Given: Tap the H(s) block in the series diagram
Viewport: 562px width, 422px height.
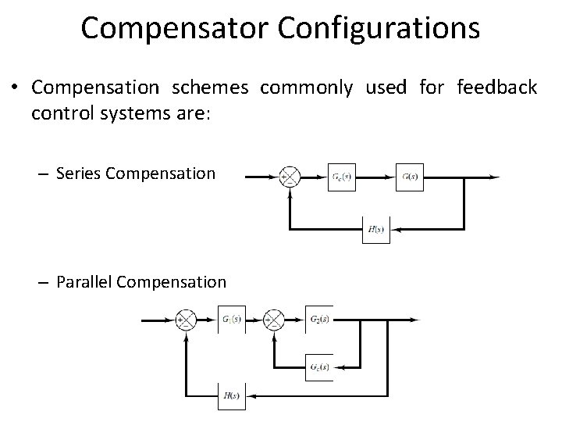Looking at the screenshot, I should click(x=375, y=229).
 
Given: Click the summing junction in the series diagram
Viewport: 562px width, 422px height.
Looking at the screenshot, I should click(x=290, y=177).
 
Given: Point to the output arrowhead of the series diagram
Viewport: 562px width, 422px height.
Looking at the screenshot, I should click(x=495, y=177).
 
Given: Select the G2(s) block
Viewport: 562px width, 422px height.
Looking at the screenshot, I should click(x=318, y=320).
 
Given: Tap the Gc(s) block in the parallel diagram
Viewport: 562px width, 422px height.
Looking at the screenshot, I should click(x=318, y=367).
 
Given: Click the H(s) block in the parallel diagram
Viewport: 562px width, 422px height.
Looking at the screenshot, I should click(x=231, y=395).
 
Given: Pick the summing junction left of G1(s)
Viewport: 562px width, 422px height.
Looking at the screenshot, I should click(x=187, y=320).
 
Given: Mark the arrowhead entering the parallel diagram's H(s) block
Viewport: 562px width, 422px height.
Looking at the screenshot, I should click(x=248, y=395).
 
